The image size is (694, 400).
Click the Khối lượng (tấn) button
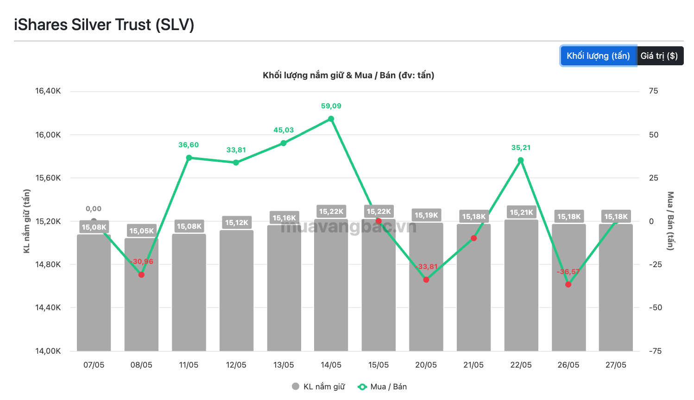(x=598, y=56)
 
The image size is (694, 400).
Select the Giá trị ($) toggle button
(x=660, y=56)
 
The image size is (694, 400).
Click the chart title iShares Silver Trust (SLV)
(x=104, y=25)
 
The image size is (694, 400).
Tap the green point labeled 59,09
(x=331, y=119)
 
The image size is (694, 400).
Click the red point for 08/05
(x=141, y=275)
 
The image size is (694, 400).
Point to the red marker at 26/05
(x=568, y=285)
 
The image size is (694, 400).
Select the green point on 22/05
(x=521, y=160)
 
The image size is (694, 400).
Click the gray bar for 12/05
(x=236, y=290)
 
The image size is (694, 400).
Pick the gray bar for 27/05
(x=616, y=287)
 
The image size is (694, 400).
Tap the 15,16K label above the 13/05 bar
(x=284, y=218)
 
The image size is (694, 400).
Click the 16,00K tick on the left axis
(x=48, y=135)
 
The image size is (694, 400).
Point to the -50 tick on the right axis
(x=655, y=307)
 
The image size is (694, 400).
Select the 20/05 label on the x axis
(x=426, y=365)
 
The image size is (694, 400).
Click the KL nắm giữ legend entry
(x=318, y=387)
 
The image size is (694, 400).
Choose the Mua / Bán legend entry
(x=382, y=387)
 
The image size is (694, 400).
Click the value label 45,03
(x=284, y=130)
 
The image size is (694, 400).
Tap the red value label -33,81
(x=426, y=267)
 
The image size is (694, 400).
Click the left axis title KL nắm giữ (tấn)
(x=27, y=221)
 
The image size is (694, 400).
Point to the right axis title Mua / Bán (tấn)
(x=670, y=221)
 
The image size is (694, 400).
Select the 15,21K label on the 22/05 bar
(x=522, y=212)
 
